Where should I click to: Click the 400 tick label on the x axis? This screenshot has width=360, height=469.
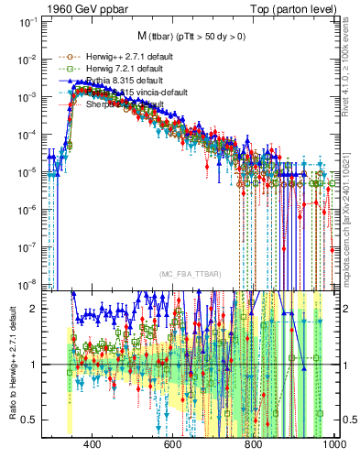pyautogui.click(x=92, y=444)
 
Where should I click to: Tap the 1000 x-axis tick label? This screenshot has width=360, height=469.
pyautogui.click(x=333, y=444)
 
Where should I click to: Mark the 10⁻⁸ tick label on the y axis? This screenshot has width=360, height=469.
pyautogui.click(x=27, y=283)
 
